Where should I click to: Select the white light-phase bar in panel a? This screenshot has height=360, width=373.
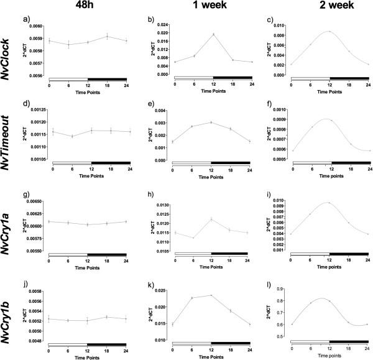(68, 80)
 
